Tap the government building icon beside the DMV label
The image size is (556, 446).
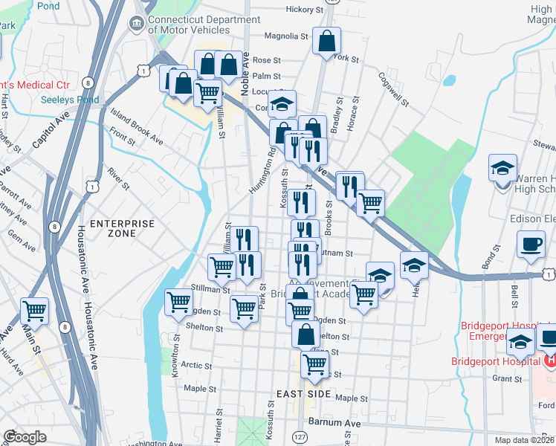pos(136,25)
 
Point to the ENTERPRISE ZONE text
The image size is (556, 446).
pos(122,228)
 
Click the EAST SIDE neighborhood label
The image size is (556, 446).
pos(303,393)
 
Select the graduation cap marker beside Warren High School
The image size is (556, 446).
pos(502,168)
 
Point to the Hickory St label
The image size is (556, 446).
pos(305,10)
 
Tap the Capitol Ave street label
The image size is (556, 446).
pos(50,129)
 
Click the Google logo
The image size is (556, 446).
pos(25,437)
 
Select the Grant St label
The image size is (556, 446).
pos(507,378)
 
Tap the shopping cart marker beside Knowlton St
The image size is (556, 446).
pos(179,303)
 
